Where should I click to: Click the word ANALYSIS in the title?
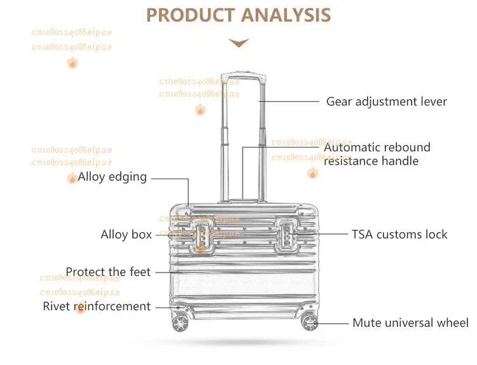point(290,15)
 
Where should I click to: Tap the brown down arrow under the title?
point(238,43)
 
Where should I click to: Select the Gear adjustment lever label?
point(386,102)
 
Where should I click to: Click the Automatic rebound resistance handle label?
point(377,154)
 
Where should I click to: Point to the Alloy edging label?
point(112,177)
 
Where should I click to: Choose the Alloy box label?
point(126,235)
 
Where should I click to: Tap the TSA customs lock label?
point(399,235)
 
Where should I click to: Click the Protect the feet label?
point(108,272)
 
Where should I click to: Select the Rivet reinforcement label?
point(97,306)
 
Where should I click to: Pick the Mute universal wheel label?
point(410,323)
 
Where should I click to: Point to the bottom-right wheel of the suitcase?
point(310,322)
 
